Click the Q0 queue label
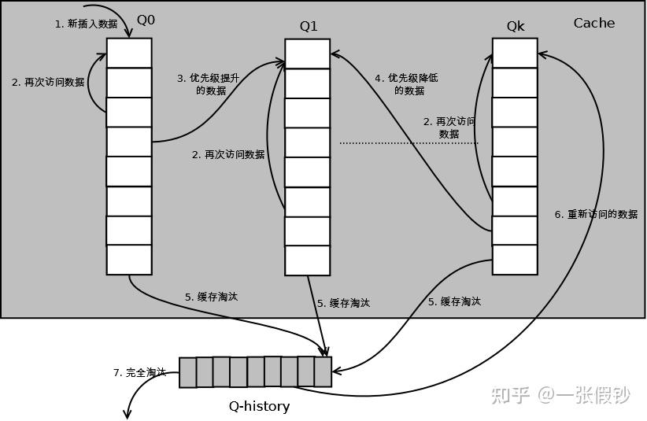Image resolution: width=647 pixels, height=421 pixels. point(146,20)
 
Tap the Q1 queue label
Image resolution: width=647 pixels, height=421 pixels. point(309,26)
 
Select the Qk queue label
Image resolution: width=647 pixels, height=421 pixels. point(516,26)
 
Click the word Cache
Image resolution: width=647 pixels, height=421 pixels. point(593,23)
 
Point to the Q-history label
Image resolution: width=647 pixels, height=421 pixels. point(259,406)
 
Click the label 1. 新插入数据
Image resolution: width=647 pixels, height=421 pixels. point(86,24)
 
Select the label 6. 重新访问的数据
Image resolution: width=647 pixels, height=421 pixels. point(596,214)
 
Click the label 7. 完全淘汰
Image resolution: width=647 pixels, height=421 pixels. point(139,372)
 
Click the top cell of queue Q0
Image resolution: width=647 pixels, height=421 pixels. point(129,53)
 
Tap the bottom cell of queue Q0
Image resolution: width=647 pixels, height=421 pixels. point(129,260)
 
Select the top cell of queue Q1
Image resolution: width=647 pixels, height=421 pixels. point(307,54)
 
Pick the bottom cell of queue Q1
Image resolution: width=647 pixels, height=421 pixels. point(307,260)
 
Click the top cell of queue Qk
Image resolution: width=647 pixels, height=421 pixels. point(515,54)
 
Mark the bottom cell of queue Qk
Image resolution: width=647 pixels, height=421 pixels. point(515,260)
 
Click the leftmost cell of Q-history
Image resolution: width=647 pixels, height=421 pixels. point(187,373)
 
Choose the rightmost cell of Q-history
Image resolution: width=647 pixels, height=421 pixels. point(323,372)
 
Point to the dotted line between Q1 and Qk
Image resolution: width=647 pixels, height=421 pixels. point(409,143)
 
